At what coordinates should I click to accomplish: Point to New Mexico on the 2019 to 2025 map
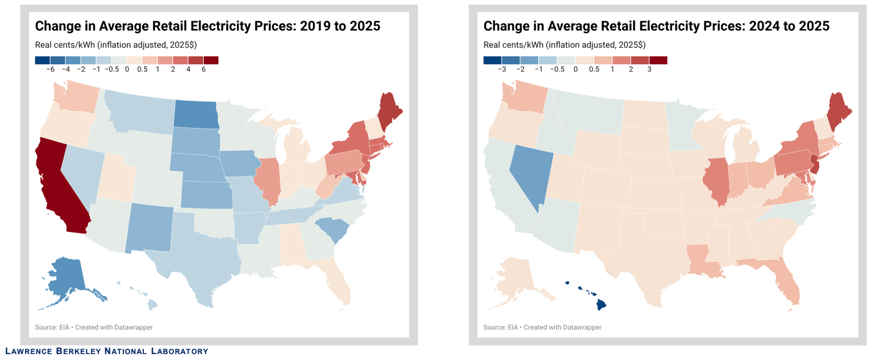150,228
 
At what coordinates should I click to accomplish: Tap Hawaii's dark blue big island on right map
601,305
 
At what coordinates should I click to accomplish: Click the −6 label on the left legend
50,69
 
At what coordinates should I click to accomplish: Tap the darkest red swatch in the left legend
211,60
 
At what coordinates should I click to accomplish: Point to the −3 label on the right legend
501,69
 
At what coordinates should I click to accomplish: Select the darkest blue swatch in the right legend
492,60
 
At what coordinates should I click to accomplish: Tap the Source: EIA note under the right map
500,327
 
